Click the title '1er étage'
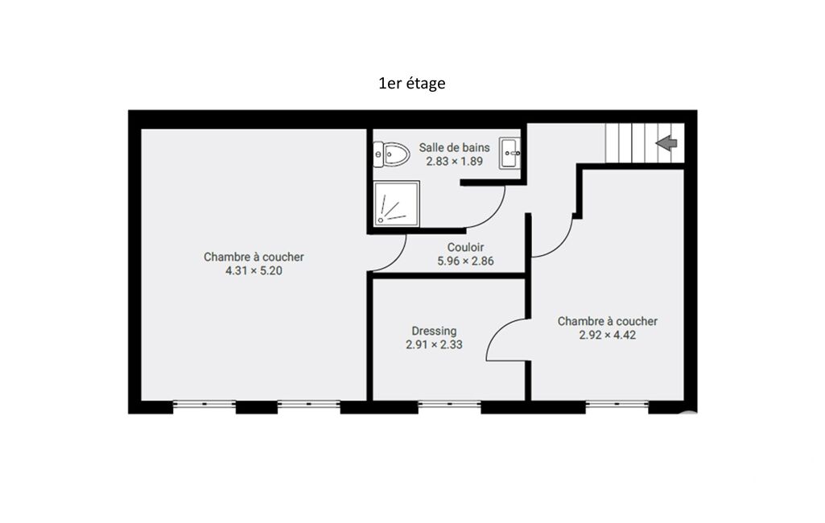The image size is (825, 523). [x=412, y=83]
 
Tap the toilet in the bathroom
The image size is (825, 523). [x=391, y=154]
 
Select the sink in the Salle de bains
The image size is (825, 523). [x=509, y=153]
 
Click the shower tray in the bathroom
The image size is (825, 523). [x=396, y=204]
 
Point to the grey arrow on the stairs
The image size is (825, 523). [x=666, y=142]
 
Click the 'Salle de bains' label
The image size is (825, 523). [x=454, y=148]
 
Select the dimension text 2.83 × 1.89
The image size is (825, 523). [x=454, y=162]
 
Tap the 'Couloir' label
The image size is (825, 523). [x=466, y=247]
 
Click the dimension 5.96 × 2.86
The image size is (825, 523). [x=466, y=261]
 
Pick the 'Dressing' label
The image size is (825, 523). [x=434, y=331]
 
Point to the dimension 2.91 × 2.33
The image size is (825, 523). [x=434, y=344]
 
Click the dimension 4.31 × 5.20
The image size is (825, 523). [x=254, y=271]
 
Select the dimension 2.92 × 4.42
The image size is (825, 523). [x=607, y=336]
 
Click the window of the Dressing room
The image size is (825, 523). [x=449, y=404]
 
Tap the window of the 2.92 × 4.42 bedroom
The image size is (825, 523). [x=617, y=404]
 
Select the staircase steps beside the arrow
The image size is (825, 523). [x=630, y=143]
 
